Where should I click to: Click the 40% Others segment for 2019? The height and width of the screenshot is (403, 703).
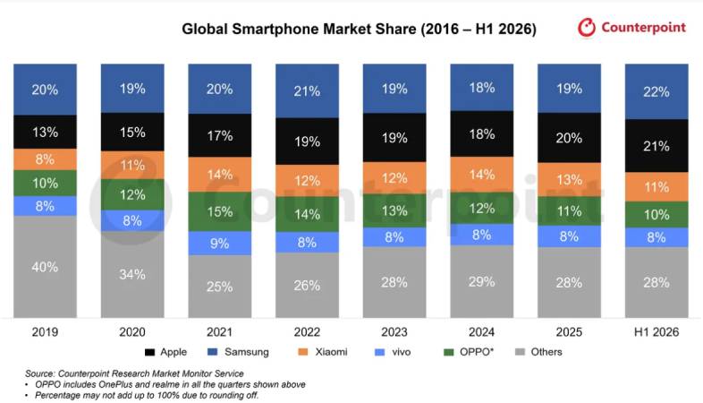pyautogui.click(x=45, y=267)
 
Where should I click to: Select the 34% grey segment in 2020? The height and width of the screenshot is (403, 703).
pyautogui.click(x=132, y=274)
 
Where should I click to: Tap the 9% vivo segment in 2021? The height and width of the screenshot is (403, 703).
pyautogui.click(x=220, y=244)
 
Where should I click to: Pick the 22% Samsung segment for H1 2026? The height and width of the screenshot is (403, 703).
pyautogui.click(x=656, y=91)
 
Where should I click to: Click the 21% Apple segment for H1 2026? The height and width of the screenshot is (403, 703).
pyautogui.click(x=656, y=146)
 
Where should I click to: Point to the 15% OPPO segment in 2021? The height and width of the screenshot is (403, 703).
pyautogui.click(x=220, y=212)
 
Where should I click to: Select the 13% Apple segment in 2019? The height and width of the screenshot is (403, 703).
pyautogui.click(x=45, y=132)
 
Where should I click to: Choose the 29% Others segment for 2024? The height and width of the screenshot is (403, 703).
pyautogui.click(x=482, y=281)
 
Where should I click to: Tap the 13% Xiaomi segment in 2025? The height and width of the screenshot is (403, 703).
pyautogui.click(x=570, y=179)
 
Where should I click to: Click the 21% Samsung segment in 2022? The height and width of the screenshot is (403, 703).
pyautogui.click(x=307, y=91)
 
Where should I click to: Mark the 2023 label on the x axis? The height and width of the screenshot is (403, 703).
pyautogui.click(x=394, y=332)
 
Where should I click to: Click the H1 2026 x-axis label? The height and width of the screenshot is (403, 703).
pyautogui.click(x=656, y=332)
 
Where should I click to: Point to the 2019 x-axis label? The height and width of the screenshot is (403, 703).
pyautogui.click(x=45, y=332)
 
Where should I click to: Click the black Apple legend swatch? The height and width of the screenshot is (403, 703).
pyautogui.click(x=149, y=352)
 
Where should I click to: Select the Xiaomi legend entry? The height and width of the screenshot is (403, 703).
pyautogui.click(x=323, y=352)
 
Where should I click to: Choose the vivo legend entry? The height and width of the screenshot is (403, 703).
pyautogui.click(x=393, y=352)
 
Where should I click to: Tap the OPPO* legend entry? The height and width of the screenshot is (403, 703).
pyautogui.click(x=469, y=352)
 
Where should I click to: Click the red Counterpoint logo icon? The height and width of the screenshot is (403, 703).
pyautogui.click(x=587, y=28)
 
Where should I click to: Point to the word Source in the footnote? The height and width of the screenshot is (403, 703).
pyautogui.click(x=40, y=373)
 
